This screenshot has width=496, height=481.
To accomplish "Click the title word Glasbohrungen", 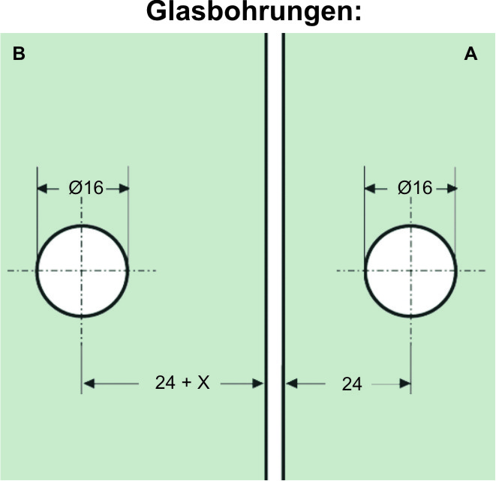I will click(x=248, y=13).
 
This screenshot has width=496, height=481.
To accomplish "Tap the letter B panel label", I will click(x=20, y=54).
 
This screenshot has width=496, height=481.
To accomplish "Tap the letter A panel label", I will click(x=470, y=54).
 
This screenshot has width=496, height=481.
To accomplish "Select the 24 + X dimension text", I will click(x=182, y=383).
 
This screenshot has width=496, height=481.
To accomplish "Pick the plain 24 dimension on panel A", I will click(x=351, y=384).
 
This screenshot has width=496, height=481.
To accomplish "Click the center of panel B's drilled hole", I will click(x=83, y=270).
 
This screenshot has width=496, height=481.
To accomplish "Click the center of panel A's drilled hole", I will click(x=410, y=270).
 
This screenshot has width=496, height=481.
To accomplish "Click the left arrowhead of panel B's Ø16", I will click(x=44, y=189).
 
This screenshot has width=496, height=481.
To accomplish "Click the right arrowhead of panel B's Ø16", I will click(x=122, y=189).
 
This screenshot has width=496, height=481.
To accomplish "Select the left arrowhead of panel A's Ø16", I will click(x=371, y=189).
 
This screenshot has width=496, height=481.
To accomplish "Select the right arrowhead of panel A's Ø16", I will click(x=450, y=189).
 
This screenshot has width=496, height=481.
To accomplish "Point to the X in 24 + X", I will click(x=203, y=383).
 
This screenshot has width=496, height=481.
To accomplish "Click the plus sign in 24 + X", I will click(x=187, y=383).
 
